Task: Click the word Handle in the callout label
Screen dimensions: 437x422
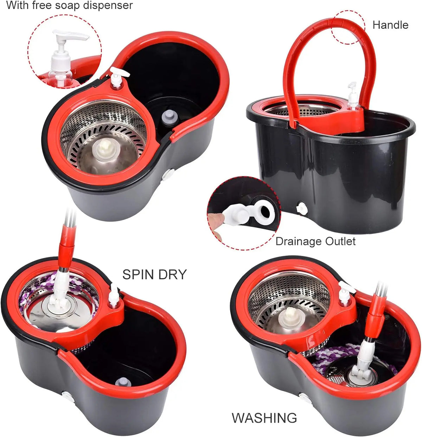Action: pos(390,25)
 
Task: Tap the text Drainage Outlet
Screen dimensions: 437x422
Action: pos(315,241)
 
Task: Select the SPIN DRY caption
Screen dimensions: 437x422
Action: pos(154,274)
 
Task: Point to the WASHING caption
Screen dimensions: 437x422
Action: pos(264,418)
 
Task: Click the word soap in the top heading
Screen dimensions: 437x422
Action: pos(72,6)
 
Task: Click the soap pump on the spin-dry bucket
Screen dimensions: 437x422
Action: pos(114,298)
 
